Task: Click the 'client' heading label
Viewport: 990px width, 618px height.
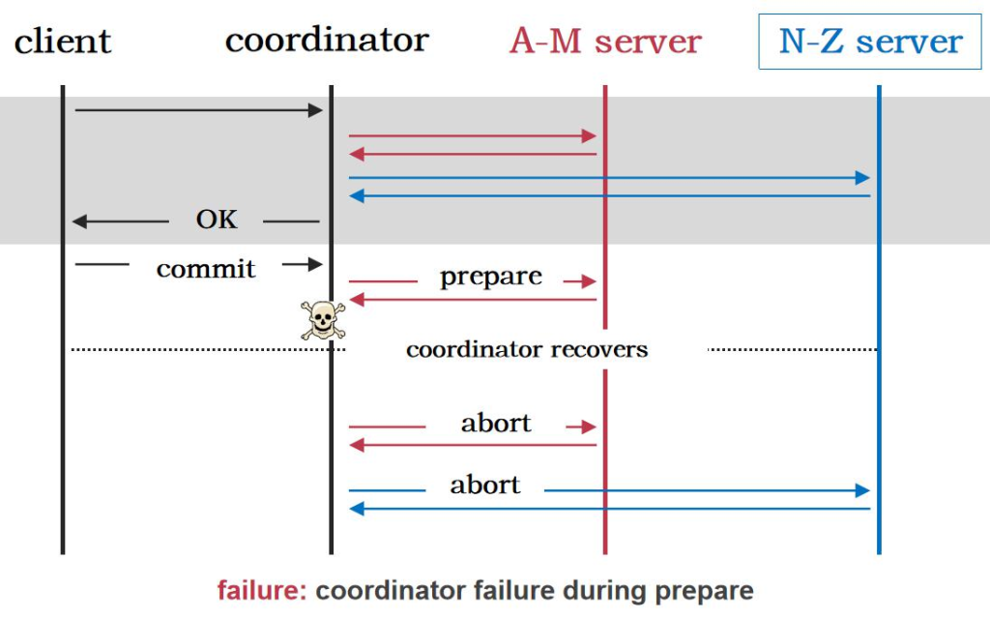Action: tap(63, 43)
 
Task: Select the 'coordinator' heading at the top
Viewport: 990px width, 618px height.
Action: tap(327, 41)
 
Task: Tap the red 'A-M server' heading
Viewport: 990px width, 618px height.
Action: tap(605, 42)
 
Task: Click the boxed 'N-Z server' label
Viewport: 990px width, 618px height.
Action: tap(870, 42)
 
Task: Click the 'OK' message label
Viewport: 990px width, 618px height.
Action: tap(217, 220)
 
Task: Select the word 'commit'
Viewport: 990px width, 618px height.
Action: tap(206, 268)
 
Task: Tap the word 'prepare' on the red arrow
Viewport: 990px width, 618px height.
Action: tap(491, 277)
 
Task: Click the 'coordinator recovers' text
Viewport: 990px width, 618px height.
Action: tap(527, 349)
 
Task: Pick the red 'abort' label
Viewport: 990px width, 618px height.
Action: tap(496, 423)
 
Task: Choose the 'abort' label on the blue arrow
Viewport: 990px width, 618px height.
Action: tap(485, 485)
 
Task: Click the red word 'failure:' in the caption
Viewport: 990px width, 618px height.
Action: tap(262, 591)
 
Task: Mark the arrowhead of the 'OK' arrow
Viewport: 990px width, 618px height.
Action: tap(79, 222)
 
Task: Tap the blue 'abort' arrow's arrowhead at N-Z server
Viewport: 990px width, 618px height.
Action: tap(863, 490)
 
